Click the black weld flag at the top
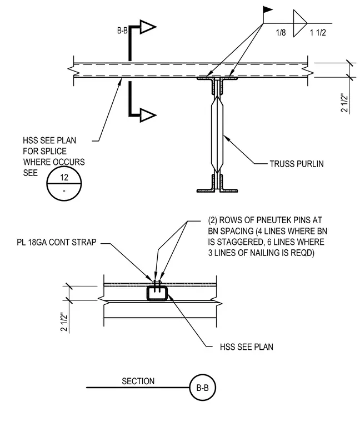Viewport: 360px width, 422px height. click(267, 9)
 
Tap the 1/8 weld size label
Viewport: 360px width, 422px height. click(281, 33)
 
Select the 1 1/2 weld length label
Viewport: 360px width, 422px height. click(318, 33)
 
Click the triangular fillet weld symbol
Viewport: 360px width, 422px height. click(300, 23)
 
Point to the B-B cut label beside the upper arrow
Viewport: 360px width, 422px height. click(122, 31)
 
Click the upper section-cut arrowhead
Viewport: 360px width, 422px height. click(148, 27)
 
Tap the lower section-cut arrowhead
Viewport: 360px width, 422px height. click(148, 115)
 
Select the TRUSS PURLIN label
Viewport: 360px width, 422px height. click(297, 164)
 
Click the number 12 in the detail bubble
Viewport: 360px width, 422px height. click(64, 177)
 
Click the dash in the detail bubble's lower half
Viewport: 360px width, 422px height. click(64, 191)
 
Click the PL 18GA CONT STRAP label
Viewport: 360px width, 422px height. click(57, 242)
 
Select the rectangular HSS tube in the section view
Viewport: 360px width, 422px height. click(157, 293)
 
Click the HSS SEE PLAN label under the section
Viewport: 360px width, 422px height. click(247, 347)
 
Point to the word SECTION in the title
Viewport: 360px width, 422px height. click(138, 381)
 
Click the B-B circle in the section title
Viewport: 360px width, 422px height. click(202, 388)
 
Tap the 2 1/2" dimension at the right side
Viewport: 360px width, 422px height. click(344, 103)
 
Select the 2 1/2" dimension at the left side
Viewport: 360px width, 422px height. click(64, 322)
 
